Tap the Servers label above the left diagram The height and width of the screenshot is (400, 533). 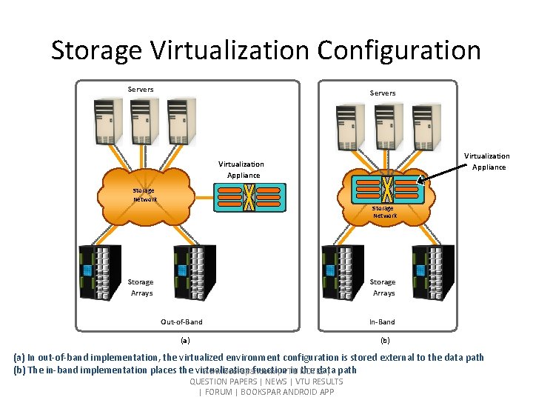(141, 90)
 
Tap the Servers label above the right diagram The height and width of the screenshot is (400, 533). (383, 93)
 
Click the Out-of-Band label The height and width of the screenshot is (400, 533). (181, 321)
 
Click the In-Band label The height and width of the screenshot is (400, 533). (383, 321)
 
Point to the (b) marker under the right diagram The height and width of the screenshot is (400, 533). (384, 341)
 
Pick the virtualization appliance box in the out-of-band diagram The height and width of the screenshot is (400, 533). (251, 194)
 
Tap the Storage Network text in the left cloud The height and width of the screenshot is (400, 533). (144, 194)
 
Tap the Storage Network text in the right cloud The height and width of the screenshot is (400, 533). (384, 212)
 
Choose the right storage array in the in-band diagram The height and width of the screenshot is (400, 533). (433, 272)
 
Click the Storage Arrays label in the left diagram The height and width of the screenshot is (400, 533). (141, 287)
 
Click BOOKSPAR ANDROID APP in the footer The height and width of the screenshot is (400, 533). (291, 392)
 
